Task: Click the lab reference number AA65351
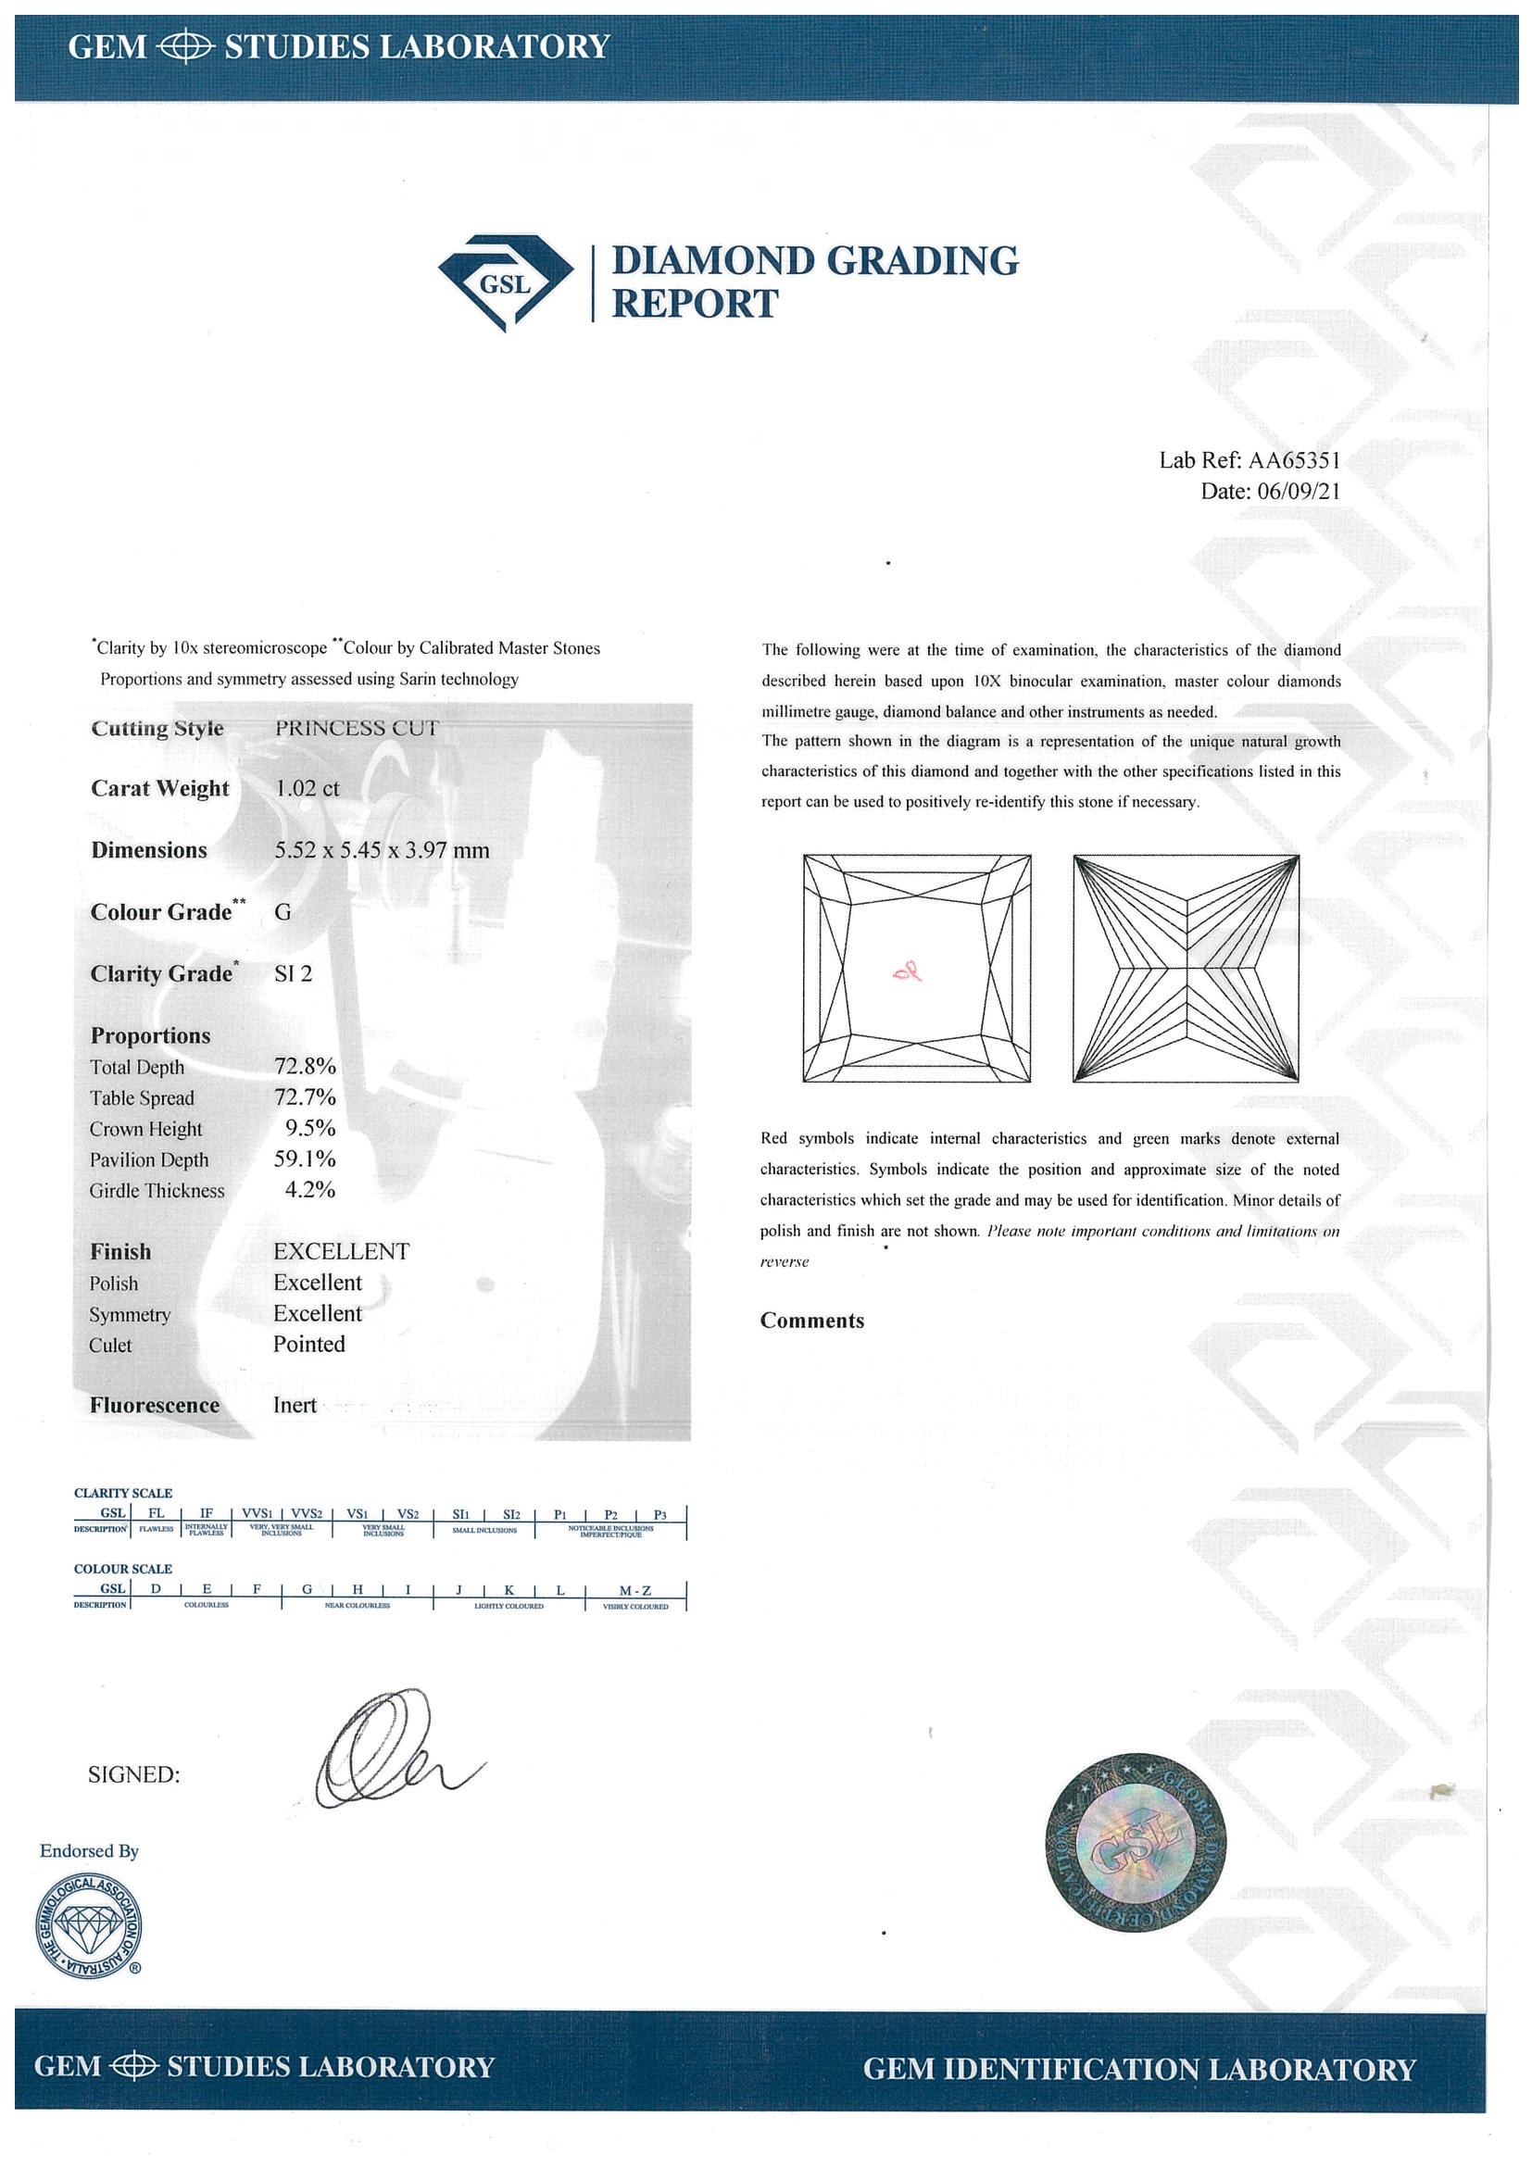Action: (1293, 460)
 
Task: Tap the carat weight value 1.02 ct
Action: (307, 788)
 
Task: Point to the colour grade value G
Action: (283, 912)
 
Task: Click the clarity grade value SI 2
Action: (293, 973)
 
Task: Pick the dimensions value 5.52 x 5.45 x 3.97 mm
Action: (382, 849)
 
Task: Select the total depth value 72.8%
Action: (305, 1067)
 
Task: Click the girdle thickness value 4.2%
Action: (310, 1189)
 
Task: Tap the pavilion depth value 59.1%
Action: (305, 1159)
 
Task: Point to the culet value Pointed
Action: (308, 1344)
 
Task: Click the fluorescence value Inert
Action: (295, 1405)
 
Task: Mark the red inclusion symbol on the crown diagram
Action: (908, 971)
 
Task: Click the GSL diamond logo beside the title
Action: (506, 282)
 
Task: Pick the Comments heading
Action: (811, 1321)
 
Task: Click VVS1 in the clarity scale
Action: (256, 1514)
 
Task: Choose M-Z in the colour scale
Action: (635, 1590)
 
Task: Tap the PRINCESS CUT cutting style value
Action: (357, 728)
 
